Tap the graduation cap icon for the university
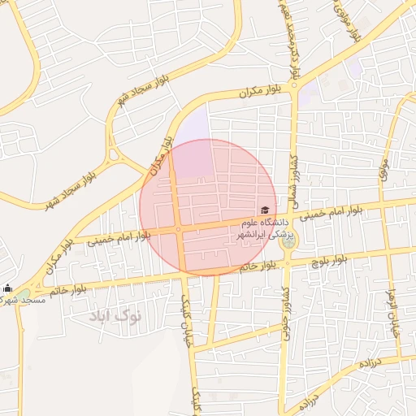(265, 210)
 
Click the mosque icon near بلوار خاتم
(8, 288)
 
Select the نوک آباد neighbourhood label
(115, 315)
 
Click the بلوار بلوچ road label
(330, 258)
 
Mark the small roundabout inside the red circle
(177, 230)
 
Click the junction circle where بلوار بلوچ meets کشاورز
(286, 262)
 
